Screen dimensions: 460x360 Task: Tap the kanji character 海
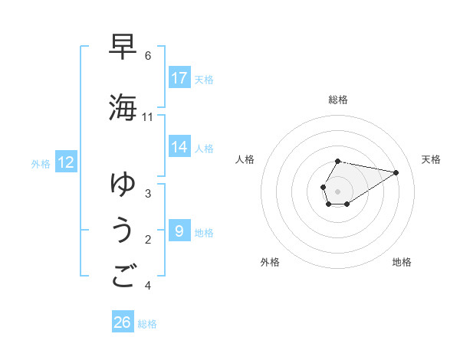(123, 107)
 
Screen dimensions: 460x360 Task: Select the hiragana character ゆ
(123, 184)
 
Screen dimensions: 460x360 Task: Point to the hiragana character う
(123, 230)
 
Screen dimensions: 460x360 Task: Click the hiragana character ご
(123, 276)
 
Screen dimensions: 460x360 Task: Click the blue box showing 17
(179, 77)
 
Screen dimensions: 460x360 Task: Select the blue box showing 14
(179, 147)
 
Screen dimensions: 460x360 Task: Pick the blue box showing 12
(66, 162)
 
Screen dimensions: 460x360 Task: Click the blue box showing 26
(123, 322)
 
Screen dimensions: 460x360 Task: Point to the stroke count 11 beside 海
(148, 117)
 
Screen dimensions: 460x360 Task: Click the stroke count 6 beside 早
(148, 55)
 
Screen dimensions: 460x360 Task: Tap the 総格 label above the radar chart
(338, 100)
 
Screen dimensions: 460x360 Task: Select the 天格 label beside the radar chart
(431, 159)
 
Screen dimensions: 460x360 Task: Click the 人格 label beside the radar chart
(245, 159)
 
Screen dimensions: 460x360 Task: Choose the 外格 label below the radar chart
(270, 262)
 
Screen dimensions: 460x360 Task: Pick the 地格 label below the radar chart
(402, 262)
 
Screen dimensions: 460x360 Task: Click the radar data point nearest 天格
(396, 172)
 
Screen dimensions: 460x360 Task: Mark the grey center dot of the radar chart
(338, 191)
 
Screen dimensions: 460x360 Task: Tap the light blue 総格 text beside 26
(147, 324)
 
